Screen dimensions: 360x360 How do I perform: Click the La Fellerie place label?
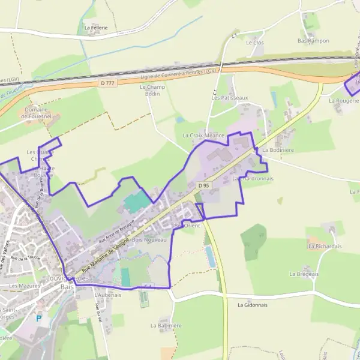[96, 28]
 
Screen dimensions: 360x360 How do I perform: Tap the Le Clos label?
[255, 43]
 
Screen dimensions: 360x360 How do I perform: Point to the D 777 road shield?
[108, 83]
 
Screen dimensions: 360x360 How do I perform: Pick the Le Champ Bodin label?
[152, 91]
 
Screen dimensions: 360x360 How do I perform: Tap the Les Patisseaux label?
[230, 97]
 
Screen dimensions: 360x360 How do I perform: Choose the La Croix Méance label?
[203, 136]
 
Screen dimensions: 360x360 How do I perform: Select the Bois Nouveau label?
[149, 239]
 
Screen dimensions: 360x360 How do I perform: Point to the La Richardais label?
[324, 246]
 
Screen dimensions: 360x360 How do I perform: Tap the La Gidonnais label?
[252, 305]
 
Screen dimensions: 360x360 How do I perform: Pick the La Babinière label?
[166, 325]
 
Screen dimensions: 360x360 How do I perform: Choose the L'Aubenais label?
[108, 295]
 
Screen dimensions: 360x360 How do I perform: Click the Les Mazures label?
[22, 286]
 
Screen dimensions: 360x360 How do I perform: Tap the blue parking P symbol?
[39, 319]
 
